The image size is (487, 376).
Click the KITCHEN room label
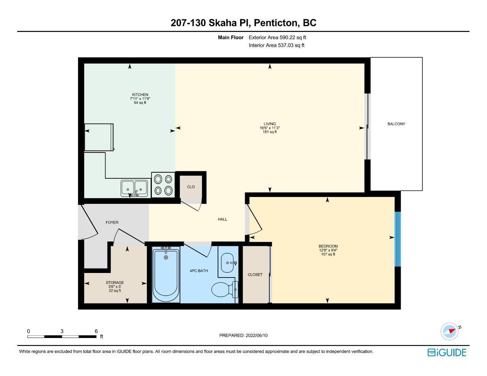140,95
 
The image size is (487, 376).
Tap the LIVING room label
270,124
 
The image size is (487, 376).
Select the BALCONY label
396,124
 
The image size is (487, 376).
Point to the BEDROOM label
328,246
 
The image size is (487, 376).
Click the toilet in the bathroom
225,289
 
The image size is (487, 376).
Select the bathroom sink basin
227,263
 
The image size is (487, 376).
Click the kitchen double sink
134,189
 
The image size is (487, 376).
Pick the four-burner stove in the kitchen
163,185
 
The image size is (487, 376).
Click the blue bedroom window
398,239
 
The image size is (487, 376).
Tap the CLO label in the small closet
191,187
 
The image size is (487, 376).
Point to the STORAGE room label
115,282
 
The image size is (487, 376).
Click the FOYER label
112,222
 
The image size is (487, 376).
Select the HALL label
222,219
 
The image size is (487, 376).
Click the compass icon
450,332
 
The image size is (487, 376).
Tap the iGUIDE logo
447,352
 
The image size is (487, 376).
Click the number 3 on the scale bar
62,331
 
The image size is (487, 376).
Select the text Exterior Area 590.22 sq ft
277,37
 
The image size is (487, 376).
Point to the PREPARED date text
243,335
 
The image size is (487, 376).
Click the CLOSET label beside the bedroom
255,274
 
